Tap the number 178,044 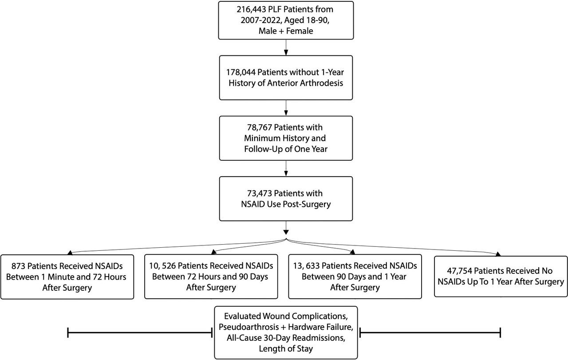(x=241, y=72)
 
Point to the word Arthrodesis (x=322, y=83)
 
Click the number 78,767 (x=260, y=127)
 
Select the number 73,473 (x=260, y=194)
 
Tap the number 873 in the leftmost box (x=18, y=266)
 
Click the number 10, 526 (x=162, y=266)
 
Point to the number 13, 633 (x=306, y=266)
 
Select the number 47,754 (x=459, y=271)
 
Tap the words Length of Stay (x=286, y=349)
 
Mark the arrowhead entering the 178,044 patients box (x=286, y=52)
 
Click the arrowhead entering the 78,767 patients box (x=286, y=113)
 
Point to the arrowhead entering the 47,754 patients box (x=498, y=254)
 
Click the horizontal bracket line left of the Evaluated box (x=140, y=332)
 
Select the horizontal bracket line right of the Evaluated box (x=430, y=332)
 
